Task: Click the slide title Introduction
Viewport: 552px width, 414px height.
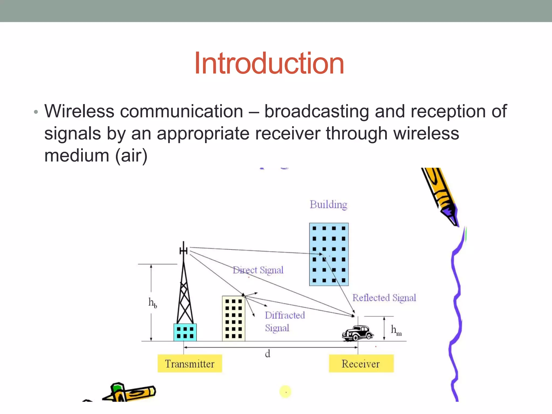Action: coord(269,64)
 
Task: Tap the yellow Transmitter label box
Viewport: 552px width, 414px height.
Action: coord(190,364)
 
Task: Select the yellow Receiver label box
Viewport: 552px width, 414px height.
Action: coord(361,364)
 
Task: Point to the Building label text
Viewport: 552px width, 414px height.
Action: coord(328,205)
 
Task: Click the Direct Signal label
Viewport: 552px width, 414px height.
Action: coord(258,270)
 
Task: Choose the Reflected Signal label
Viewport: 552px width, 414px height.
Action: coord(384,298)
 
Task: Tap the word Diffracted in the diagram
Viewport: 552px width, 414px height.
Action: coord(285,315)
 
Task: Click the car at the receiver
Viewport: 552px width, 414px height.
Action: coord(357,333)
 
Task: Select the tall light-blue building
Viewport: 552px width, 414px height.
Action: coord(329,254)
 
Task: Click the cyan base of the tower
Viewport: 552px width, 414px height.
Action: coord(185,332)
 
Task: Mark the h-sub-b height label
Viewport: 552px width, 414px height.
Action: coord(153,303)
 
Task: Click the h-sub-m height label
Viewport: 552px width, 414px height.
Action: coord(396,330)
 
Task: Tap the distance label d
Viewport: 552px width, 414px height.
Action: coord(267,354)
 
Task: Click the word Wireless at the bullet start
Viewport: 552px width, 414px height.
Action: coord(80,111)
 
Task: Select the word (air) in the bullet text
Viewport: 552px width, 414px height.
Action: coord(131,156)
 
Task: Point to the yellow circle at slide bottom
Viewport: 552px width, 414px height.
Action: coord(285,392)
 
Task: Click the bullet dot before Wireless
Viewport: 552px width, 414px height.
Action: coord(36,112)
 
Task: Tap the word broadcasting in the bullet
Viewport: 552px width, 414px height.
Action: coord(316,111)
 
